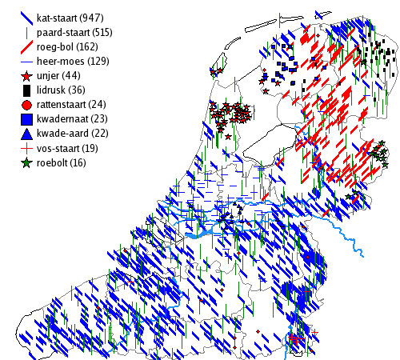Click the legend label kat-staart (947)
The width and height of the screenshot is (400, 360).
[x=70, y=18]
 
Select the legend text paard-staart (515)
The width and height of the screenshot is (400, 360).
[x=74, y=33]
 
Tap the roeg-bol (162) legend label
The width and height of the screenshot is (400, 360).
[x=67, y=47]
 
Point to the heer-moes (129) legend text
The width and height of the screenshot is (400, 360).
[x=73, y=62]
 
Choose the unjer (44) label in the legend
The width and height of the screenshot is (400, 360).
[x=58, y=76]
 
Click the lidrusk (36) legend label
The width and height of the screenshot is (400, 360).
[x=61, y=90]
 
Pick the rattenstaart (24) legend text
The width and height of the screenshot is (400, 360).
[x=71, y=105]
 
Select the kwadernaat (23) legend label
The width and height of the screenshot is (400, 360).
[x=72, y=119]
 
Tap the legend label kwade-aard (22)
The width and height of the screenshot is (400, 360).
[x=73, y=134]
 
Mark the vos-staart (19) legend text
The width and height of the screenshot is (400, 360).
[x=67, y=148]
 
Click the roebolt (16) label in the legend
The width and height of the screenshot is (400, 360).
[x=62, y=162]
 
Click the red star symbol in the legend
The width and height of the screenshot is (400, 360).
[x=26, y=76]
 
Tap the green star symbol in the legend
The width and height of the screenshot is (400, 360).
[x=26, y=163]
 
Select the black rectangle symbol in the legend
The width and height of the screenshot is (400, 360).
[x=26, y=90]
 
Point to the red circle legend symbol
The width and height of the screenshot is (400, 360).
[x=26, y=105]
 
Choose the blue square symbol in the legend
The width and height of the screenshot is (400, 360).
[x=26, y=119]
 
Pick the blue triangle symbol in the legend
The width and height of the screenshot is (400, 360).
[x=26, y=134]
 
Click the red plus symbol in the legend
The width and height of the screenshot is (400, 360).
[x=26, y=148]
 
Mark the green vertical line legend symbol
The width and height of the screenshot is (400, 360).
[x=26, y=33]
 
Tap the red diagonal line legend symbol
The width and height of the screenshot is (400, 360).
[x=26, y=47]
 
